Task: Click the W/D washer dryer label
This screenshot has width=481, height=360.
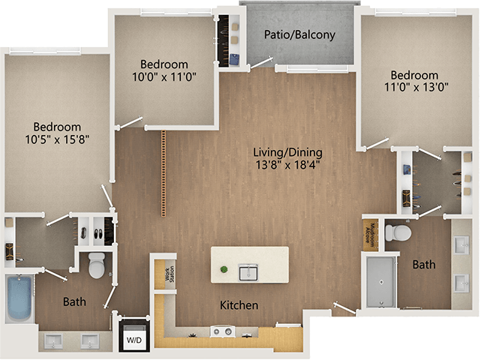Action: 134,341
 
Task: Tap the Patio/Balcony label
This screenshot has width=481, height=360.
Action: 299,34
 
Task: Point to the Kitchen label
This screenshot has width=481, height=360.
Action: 239,305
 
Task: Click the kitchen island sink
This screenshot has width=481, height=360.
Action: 248,271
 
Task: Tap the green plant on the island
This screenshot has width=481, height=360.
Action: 223,268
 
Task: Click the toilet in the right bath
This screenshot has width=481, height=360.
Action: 397,234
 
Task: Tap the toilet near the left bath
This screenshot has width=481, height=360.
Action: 97,265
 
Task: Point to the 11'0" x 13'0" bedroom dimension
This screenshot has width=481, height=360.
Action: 413,87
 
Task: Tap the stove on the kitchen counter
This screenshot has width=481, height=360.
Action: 223,331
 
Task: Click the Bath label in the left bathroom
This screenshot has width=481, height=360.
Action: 74,302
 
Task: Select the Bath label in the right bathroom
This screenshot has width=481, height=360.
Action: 424,264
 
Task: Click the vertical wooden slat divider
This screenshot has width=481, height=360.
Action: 163,173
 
